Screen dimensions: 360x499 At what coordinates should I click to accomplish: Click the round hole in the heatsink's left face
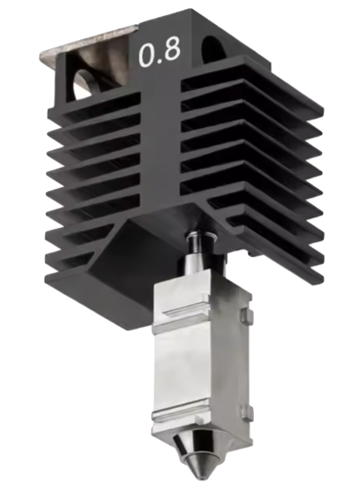coord(85,82)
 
